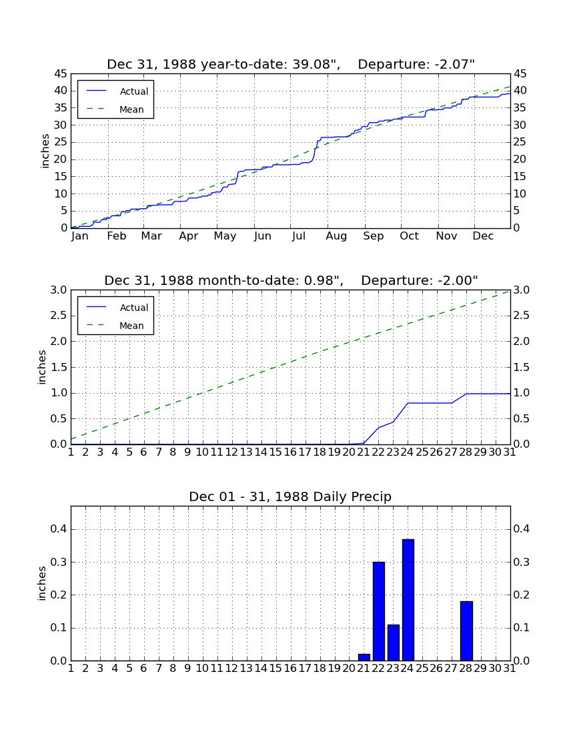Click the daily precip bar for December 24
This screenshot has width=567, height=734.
point(408,600)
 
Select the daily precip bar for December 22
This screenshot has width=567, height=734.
point(378,611)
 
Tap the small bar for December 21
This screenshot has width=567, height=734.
point(364,657)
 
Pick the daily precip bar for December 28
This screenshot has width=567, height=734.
point(466,631)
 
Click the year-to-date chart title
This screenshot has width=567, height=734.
point(291,64)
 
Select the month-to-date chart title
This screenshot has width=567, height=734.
point(291,280)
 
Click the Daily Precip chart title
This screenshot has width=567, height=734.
point(290,496)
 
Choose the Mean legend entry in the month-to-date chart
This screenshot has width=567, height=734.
point(115,326)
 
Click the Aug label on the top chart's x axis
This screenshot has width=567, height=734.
point(336,236)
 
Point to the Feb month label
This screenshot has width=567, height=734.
point(117,236)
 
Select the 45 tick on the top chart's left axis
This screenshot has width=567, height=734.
point(61,73)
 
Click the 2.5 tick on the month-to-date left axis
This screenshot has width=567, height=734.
point(59,316)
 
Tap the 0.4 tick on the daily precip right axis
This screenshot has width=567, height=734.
point(522,529)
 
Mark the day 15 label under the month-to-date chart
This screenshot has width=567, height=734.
point(275,452)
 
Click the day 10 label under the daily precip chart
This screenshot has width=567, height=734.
point(202,669)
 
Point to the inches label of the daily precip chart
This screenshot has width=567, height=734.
point(41,583)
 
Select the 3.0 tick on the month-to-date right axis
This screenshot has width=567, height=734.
point(522,290)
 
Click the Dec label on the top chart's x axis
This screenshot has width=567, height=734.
point(483,236)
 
